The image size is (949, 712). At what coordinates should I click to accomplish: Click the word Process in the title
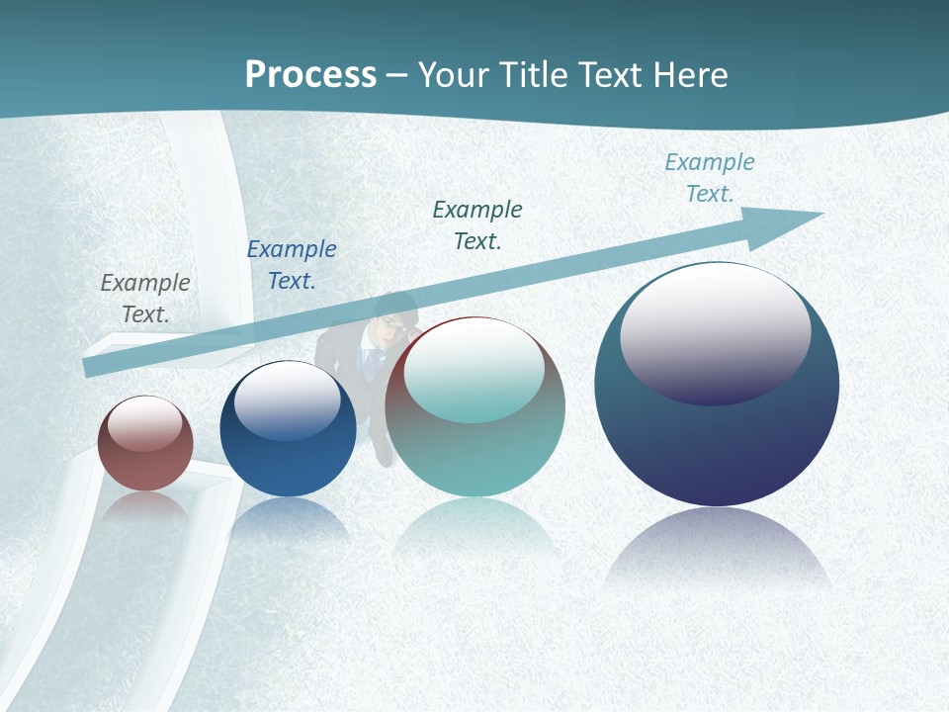coord(310,75)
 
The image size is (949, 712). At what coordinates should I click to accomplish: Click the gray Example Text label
coord(145,298)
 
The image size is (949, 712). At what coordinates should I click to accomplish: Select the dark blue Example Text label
coord(292,264)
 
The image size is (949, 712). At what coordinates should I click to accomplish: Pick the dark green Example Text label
coord(477,224)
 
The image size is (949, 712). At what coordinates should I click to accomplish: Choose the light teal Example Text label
coord(710,177)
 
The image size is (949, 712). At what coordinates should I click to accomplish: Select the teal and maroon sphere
coord(474,435)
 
